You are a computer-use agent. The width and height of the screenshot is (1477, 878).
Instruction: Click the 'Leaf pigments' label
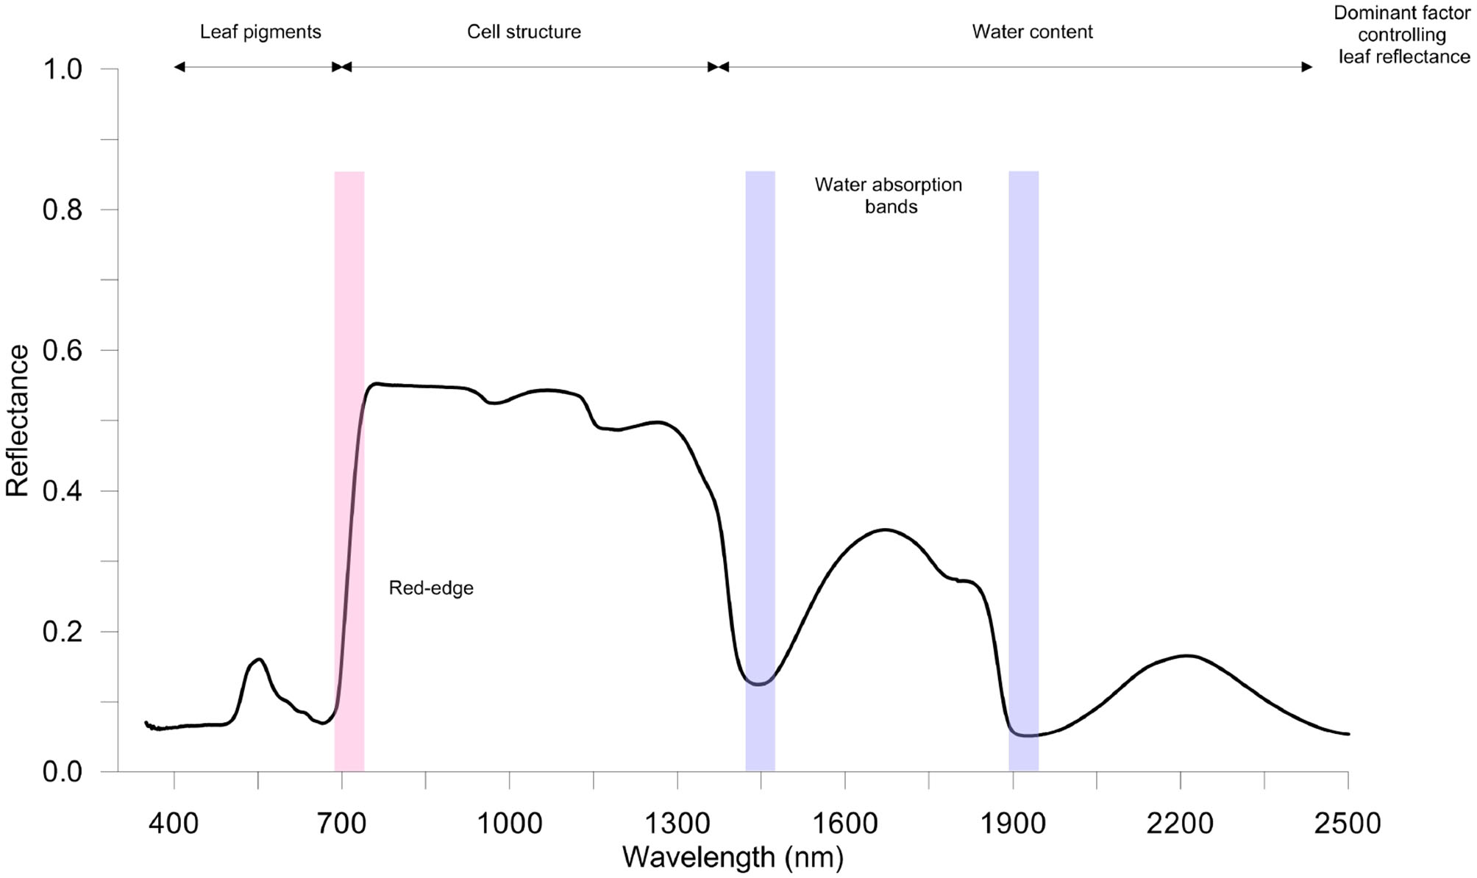click(260, 32)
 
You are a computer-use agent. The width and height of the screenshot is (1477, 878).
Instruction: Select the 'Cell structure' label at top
click(524, 32)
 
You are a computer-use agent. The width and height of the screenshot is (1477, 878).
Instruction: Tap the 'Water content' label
click(1032, 32)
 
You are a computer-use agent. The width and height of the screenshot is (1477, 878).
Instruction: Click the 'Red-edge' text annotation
click(431, 588)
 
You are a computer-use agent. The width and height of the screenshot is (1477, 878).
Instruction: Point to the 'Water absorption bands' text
click(889, 196)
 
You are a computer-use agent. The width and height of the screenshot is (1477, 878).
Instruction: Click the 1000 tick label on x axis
click(509, 823)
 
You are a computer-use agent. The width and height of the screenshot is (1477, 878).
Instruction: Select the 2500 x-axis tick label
click(1348, 823)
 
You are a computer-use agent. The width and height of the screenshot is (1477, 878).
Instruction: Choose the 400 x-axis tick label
click(174, 823)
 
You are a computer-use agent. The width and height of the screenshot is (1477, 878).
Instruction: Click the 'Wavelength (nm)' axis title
click(733, 857)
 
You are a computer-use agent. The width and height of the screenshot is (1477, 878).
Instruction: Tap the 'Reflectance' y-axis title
click(18, 421)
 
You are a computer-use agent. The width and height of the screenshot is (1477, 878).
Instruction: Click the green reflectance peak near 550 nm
click(259, 660)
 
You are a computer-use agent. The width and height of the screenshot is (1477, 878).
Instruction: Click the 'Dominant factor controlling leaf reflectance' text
click(1403, 35)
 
